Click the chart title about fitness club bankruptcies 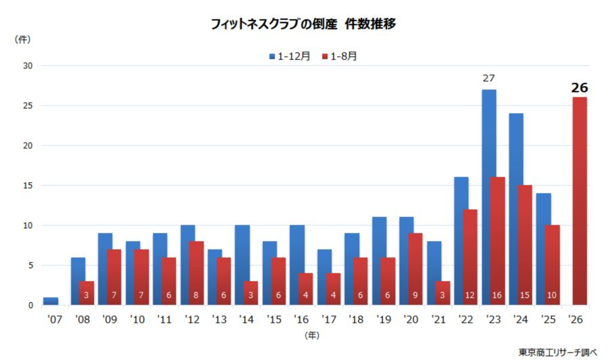click(x=303, y=24)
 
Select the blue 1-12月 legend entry click(x=289, y=56)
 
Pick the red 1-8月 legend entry click(x=339, y=56)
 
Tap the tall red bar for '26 click(x=580, y=201)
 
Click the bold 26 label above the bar click(x=580, y=88)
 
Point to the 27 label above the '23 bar click(x=489, y=78)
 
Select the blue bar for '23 click(x=489, y=197)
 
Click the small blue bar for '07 click(x=51, y=301)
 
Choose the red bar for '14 click(x=251, y=293)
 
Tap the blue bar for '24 click(x=516, y=209)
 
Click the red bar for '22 click(x=470, y=257)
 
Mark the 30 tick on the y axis click(x=28, y=66)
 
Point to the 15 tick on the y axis click(x=28, y=186)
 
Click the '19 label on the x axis click(x=384, y=319)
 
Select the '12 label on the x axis click(x=192, y=319)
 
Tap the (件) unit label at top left click(x=22, y=40)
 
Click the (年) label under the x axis click(x=312, y=336)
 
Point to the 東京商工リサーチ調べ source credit click(x=558, y=352)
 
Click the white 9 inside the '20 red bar click(x=415, y=295)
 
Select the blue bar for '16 click(x=297, y=265)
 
